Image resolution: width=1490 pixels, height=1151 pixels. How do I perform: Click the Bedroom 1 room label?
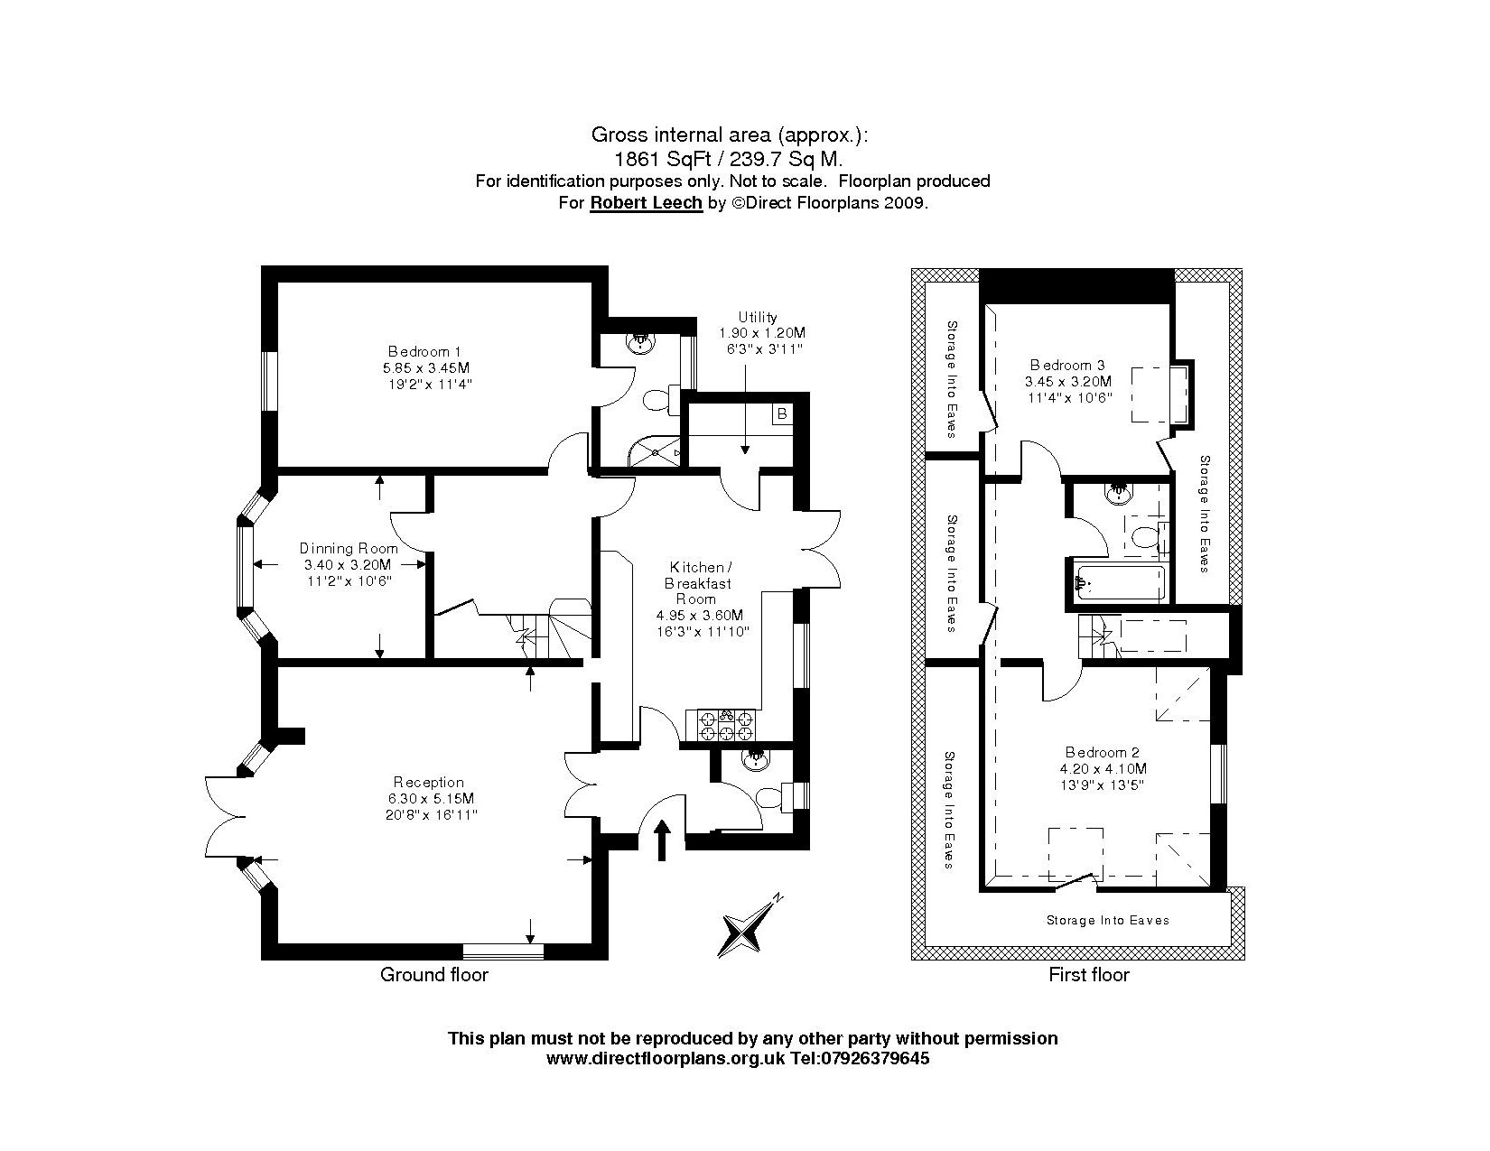pyautogui.click(x=418, y=351)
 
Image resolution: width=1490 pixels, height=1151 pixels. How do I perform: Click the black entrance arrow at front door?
pyautogui.click(x=663, y=839)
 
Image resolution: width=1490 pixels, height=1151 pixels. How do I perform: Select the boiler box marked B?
pyautogui.click(x=782, y=413)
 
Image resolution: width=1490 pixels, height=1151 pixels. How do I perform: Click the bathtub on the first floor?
pyautogui.click(x=1120, y=583)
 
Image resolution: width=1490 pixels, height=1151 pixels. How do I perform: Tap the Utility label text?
pyautogui.click(x=757, y=317)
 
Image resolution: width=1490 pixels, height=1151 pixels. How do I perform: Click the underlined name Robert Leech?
pyautogui.click(x=646, y=203)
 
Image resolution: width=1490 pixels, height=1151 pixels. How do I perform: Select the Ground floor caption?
pyautogui.click(x=433, y=975)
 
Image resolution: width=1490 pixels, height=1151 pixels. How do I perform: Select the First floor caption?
pyautogui.click(x=1088, y=975)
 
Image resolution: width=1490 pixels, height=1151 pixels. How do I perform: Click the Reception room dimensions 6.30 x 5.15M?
pyautogui.click(x=429, y=799)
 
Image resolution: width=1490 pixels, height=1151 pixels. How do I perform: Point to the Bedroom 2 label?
pyautogui.click(x=1102, y=752)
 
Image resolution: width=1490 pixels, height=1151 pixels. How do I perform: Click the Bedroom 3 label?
pyautogui.click(x=1067, y=365)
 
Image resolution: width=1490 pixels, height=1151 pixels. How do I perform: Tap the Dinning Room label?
pyautogui.click(x=341, y=548)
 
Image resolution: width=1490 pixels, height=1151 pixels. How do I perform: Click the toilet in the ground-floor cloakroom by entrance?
pyautogui.click(x=770, y=798)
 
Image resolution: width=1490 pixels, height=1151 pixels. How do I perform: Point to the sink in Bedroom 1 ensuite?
pyautogui.click(x=641, y=342)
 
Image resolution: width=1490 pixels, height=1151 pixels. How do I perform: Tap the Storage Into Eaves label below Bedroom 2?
pyautogui.click(x=1107, y=921)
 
